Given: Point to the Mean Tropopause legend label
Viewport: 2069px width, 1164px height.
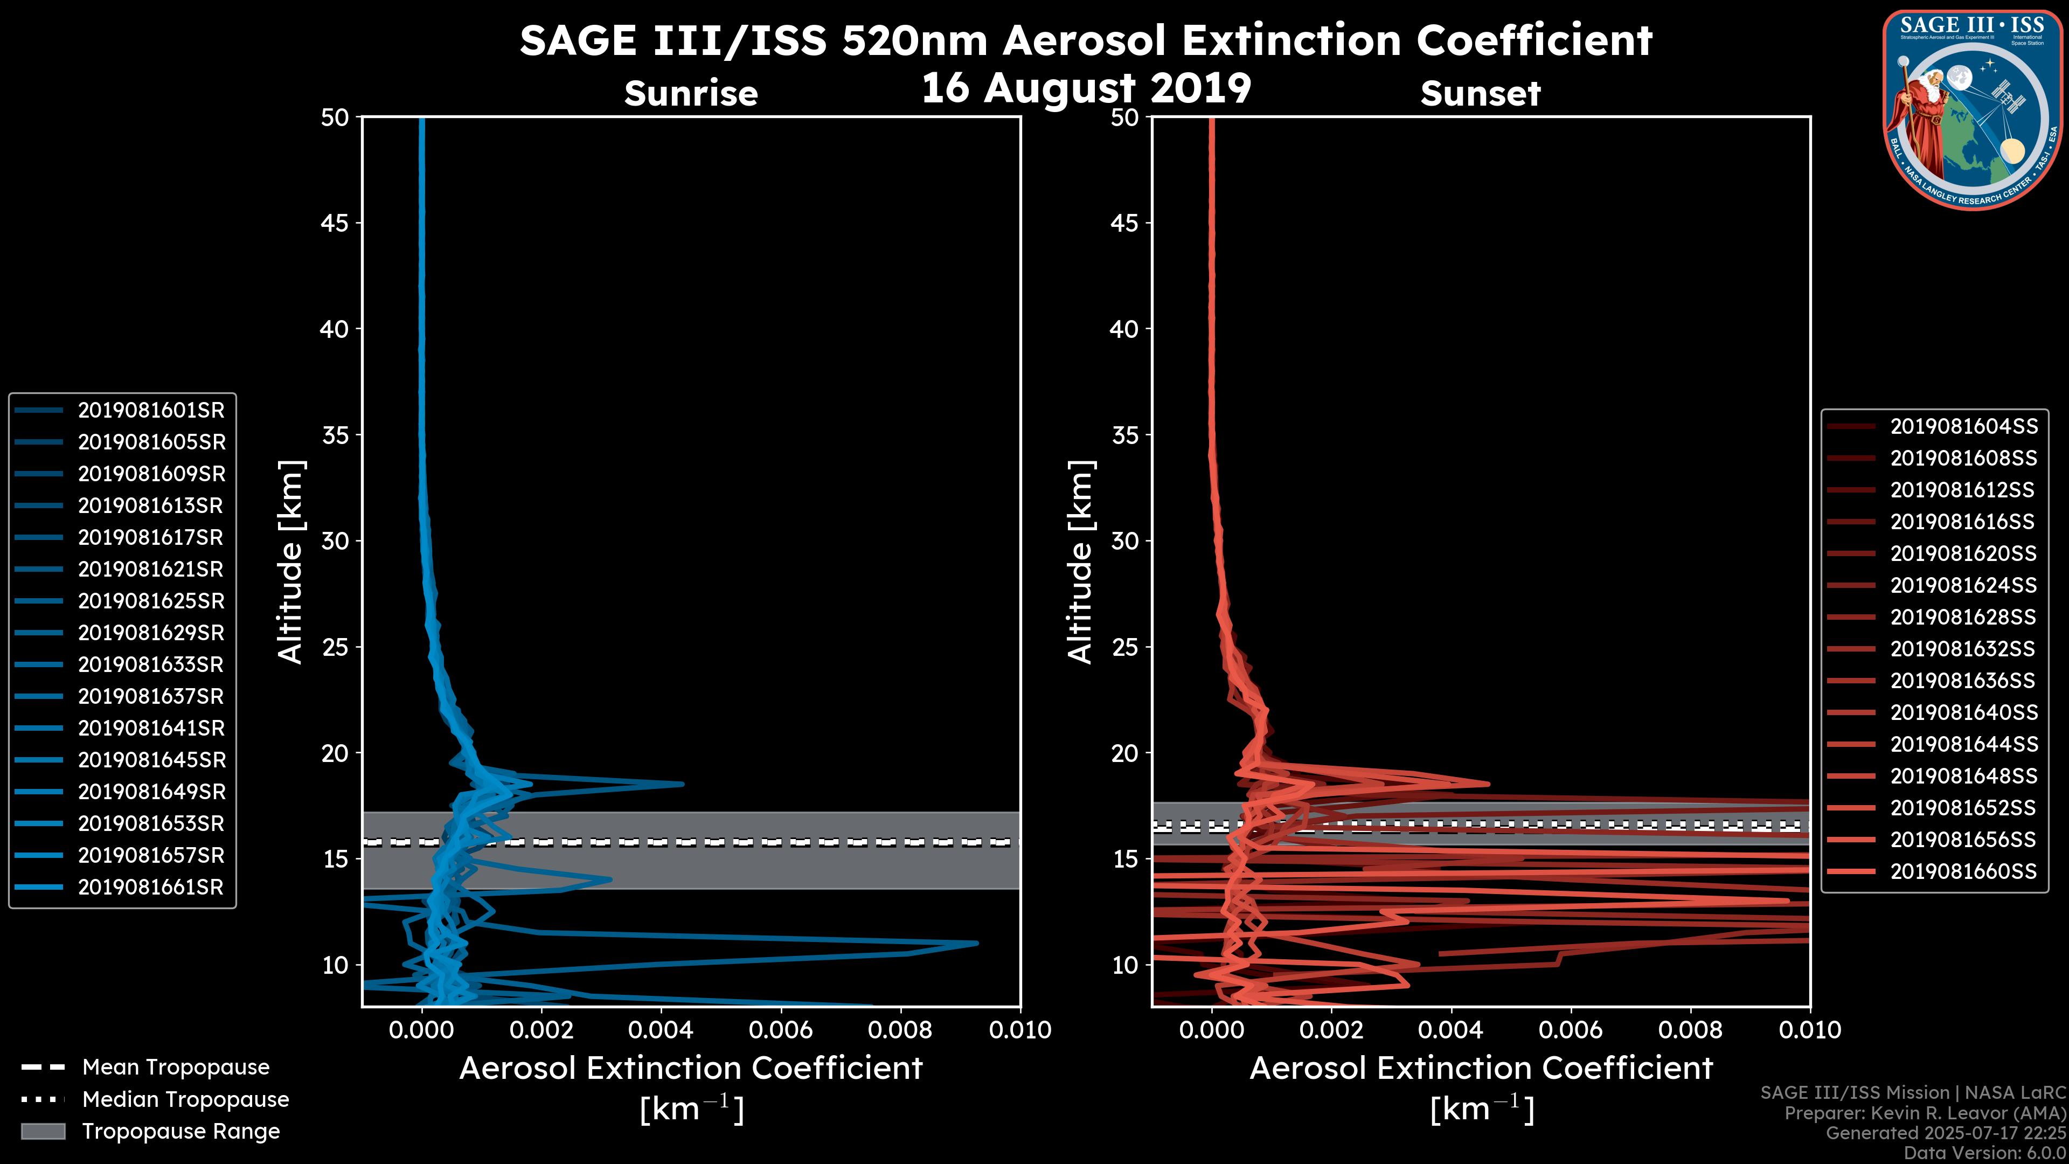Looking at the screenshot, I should pos(176,1067).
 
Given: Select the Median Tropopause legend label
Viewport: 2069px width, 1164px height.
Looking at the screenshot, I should pos(185,1099).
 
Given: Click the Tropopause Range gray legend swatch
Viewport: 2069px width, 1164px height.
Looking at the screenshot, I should pos(43,1131).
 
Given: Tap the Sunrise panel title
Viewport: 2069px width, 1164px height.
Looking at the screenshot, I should pos(691,94).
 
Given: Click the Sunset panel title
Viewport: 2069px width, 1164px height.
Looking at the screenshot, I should pos(1480,94).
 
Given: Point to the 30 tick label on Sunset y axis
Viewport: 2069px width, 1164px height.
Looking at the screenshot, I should pos(1125,541).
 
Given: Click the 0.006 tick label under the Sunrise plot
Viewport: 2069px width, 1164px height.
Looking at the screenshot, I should pos(781,1030).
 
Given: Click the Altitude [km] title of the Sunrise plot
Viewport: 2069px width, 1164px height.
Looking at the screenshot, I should pos(291,562).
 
